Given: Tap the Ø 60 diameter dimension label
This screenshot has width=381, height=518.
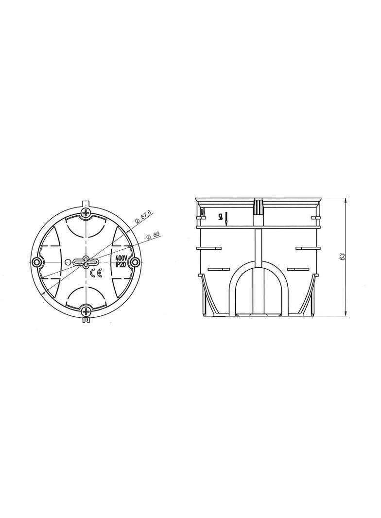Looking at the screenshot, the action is (153, 235).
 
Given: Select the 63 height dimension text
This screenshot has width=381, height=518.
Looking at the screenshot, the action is (343, 257).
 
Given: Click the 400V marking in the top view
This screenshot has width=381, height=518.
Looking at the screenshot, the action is (121, 258).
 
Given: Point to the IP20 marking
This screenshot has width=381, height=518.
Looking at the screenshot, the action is (121, 263).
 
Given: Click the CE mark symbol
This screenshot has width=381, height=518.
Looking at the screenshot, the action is (97, 273).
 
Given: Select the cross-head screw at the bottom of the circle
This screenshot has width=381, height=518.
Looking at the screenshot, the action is (86, 311).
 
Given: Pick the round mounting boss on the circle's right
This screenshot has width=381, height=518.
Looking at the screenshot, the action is (135, 261).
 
